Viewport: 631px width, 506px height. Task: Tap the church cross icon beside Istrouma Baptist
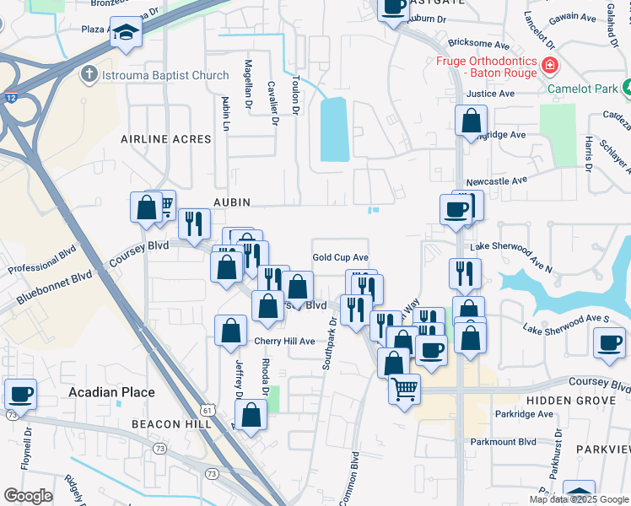click(88, 75)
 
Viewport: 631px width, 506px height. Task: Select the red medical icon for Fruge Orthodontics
click(549, 65)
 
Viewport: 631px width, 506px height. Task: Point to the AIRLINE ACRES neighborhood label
click(165, 138)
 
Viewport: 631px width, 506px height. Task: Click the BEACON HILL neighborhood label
click(171, 424)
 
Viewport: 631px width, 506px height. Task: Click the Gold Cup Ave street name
click(341, 257)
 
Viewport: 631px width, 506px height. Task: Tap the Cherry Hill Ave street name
click(284, 342)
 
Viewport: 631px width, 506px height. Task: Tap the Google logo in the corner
click(28, 496)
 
